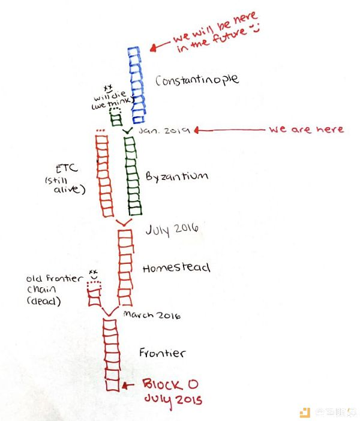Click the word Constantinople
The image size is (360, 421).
coord(197,80)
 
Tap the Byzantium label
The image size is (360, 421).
coord(177,176)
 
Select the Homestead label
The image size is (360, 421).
coord(176,267)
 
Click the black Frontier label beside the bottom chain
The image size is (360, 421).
coord(162,353)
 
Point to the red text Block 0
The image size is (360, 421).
coord(170,384)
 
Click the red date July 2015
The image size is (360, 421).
coord(173,400)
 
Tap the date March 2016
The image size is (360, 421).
coord(152,315)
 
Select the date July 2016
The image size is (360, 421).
coord(172,229)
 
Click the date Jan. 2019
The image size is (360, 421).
coord(164,131)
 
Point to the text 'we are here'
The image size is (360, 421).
coord(307,129)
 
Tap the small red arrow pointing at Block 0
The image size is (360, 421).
coord(128,386)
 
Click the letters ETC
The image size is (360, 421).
coord(67,169)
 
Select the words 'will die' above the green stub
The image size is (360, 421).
coord(110,95)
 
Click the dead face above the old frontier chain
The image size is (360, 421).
coord(93,275)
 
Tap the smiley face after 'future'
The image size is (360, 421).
coord(254,28)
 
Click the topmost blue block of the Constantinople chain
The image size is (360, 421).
coord(134,52)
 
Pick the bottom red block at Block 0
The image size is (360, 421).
coord(112,385)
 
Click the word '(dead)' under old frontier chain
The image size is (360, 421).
coord(44,300)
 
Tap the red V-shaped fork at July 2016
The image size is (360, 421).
coord(124,222)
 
